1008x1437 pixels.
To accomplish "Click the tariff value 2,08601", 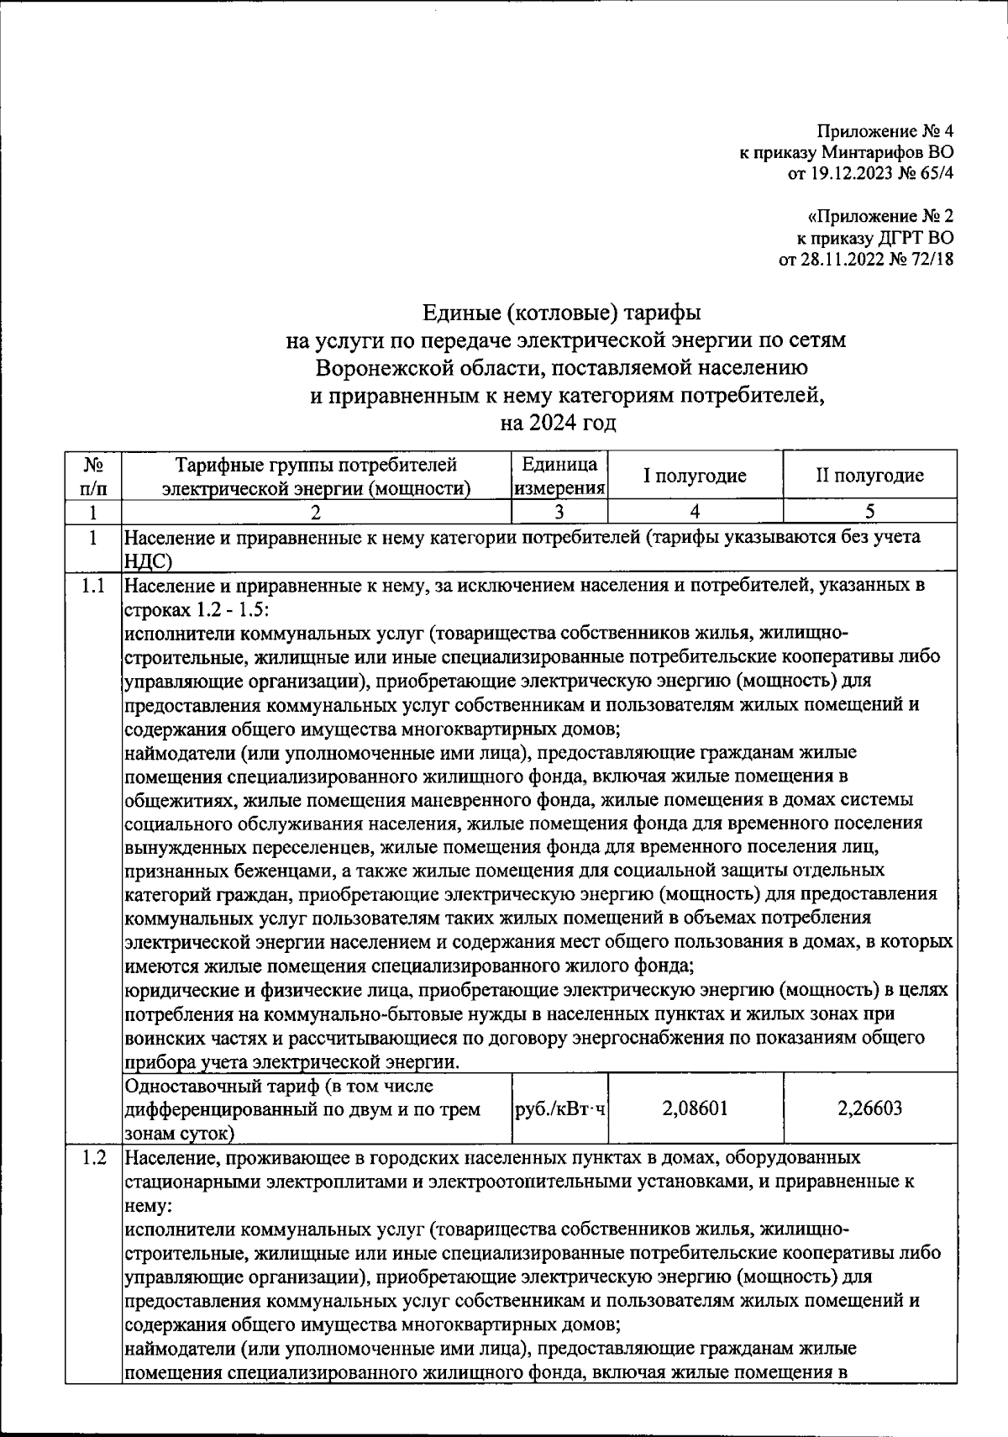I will pos(695,1108).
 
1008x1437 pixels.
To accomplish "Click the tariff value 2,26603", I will pos(869,1108).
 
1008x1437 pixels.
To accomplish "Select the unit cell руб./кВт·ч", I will pos(559,1108).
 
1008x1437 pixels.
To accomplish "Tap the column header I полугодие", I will pos(695,476).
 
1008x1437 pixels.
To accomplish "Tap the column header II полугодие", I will pos(869,476).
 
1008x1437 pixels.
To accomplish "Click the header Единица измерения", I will pos(559,476).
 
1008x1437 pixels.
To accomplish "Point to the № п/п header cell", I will pos(94,476).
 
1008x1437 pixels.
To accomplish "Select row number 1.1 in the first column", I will pos(94,586).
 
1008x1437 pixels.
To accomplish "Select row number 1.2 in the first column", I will pos(94,1158).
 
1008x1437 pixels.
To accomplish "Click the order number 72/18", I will pos(930,260).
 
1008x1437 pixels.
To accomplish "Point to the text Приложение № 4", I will pos(885,131).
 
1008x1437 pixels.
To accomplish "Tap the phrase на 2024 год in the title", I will pos(558,423).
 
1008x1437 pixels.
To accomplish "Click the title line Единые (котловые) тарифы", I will pos(560,313).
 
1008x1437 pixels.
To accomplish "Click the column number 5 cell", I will pos(869,511).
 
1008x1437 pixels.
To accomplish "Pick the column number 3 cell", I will pos(559,511).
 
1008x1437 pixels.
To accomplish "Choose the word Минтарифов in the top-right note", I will pos(873,153).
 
